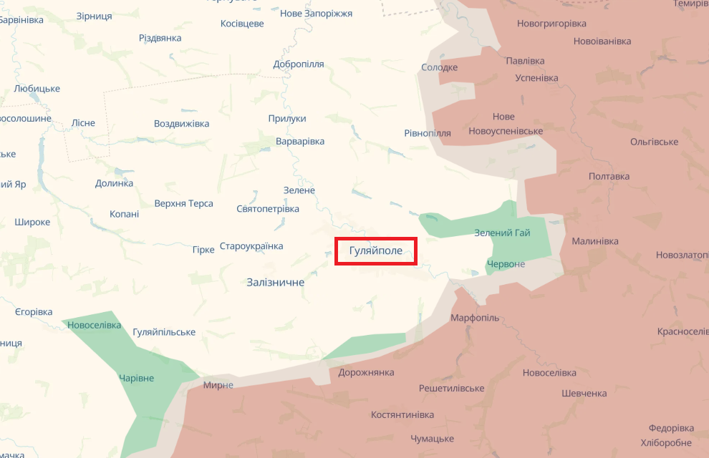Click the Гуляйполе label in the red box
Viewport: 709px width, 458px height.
[375, 251]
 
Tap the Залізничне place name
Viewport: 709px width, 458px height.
[275, 283]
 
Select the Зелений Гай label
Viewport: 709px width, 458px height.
[502, 233]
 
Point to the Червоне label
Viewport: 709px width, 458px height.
[506, 264]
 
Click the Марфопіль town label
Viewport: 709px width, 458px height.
[475, 318]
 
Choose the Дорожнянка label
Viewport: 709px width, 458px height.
[367, 373]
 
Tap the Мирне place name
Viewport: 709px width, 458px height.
[218, 385]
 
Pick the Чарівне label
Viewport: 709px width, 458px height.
[136, 378]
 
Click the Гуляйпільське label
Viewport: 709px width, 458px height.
[164, 332]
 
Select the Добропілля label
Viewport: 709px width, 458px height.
[299, 64]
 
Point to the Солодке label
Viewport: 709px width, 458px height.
[439, 68]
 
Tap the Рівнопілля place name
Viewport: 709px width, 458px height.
[428, 133]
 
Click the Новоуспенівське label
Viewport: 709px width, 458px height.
[506, 131]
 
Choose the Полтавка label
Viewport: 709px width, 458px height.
[609, 176]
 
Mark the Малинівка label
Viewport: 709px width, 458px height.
[594, 241]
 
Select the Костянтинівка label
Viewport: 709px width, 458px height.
[402, 415]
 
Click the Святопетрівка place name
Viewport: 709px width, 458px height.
[268, 209]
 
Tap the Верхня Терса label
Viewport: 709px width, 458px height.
[184, 203]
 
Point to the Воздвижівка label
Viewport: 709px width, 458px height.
[182, 124]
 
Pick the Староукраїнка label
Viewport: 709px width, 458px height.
[251, 246]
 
